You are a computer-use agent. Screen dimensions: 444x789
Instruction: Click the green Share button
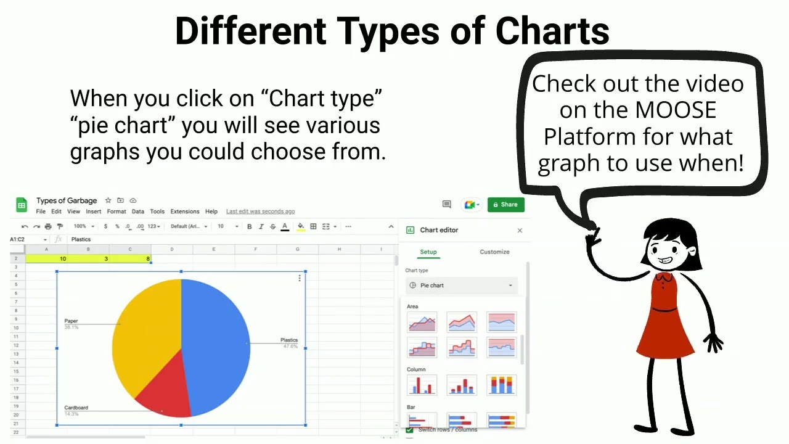click(505, 205)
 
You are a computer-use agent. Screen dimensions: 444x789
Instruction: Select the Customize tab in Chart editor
click(494, 252)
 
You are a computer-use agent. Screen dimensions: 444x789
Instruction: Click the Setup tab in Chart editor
click(428, 252)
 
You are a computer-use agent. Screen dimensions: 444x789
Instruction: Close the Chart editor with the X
click(520, 231)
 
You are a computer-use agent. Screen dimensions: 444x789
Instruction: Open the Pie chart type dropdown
click(462, 286)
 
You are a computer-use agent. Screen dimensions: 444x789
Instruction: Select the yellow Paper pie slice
click(145, 333)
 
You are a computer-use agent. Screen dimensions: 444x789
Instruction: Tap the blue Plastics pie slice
click(216, 339)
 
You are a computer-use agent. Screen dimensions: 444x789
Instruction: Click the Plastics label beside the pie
click(288, 340)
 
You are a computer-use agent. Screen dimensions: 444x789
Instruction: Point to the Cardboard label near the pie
click(76, 408)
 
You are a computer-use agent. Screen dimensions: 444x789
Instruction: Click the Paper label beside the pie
click(71, 321)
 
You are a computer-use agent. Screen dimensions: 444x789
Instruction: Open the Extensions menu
click(185, 212)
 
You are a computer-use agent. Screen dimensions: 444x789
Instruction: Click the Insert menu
click(94, 212)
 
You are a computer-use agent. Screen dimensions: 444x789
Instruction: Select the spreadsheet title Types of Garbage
click(67, 200)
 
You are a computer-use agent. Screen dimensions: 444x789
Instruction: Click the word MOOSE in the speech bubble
click(676, 110)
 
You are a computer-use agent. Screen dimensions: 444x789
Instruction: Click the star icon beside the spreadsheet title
click(108, 200)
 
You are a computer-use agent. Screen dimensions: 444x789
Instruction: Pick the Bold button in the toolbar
click(249, 226)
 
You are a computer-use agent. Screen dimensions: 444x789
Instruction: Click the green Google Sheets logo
click(22, 205)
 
